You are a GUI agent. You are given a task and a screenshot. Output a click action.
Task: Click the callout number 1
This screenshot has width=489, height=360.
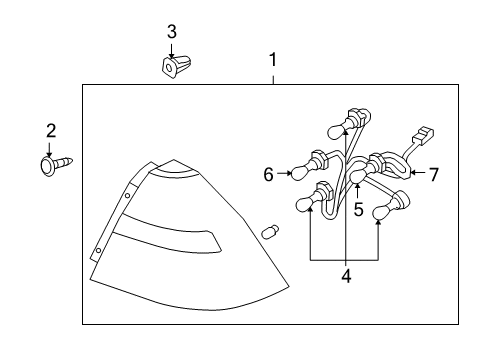[x=272, y=60]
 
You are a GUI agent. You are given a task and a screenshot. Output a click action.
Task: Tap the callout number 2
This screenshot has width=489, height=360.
[x=50, y=130]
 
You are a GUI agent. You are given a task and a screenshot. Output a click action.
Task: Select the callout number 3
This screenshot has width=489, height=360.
[x=171, y=32]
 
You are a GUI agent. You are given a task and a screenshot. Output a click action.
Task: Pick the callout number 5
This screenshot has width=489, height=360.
[x=357, y=210]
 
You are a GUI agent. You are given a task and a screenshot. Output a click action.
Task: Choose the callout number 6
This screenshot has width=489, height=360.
[x=269, y=175]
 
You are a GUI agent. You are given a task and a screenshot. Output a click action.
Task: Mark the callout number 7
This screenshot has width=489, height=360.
[x=434, y=174]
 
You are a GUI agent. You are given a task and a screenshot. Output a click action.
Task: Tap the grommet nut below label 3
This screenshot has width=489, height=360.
[x=171, y=66]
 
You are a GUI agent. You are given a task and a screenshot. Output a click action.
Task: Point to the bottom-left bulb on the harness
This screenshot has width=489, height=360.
[x=309, y=205]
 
